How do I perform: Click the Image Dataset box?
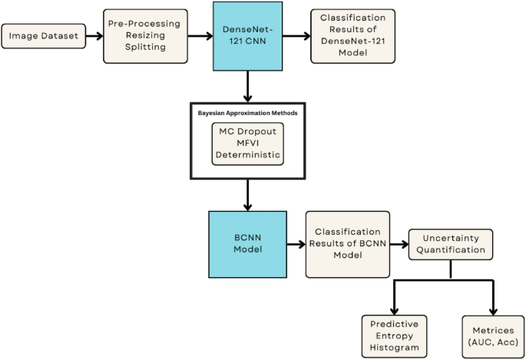(45, 35)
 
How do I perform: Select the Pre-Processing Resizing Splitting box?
(145, 35)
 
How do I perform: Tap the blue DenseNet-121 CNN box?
(247, 36)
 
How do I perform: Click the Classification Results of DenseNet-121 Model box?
(353, 35)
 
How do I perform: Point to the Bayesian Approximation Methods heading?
(248, 113)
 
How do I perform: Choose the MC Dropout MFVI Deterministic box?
(248, 144)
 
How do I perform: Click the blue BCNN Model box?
(247, 244)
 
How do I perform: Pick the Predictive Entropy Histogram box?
(393, 335)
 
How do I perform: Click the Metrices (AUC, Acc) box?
(491, 335)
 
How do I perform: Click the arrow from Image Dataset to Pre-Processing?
(95, 36)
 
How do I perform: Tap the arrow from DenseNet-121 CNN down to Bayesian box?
(247, 85)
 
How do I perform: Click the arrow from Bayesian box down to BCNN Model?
(247, 195)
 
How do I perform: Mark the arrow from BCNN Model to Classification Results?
(294, 245)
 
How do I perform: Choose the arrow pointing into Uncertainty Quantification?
(398, 245)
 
